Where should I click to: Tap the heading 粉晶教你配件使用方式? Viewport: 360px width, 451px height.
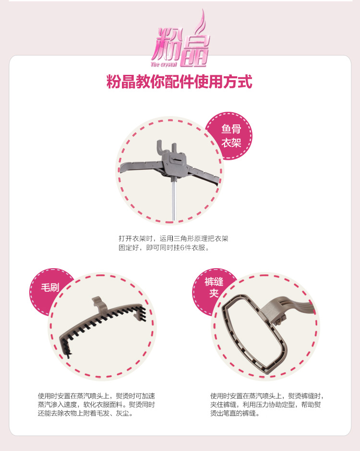[180, 82]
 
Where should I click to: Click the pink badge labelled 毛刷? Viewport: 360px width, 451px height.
[49, 287]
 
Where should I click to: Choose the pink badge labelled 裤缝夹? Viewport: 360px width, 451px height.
[214, 287]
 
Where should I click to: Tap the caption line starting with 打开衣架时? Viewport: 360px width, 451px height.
[173, 238]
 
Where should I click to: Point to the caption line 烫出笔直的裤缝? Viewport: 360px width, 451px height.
[235, 413]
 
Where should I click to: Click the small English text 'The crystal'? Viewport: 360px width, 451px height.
[164, 64]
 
